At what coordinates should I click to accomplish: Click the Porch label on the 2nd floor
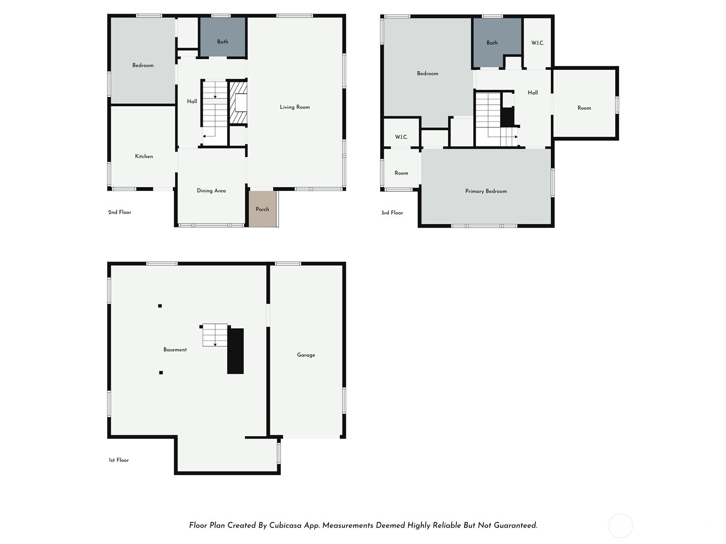point(262,209)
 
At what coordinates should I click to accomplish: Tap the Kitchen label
point(144,156)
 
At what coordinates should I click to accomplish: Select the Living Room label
point(294,107)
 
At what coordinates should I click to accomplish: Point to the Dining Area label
point(211,190)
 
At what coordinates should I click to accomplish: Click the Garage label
point(306,355)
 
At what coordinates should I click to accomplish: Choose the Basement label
point(175,350)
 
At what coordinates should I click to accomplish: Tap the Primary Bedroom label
point(486,191)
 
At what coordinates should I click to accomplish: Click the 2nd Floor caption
point(120,212)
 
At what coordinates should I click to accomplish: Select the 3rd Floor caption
point(392,213)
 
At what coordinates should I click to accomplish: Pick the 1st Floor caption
point(119,460)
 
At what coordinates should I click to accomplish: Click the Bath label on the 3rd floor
point(492,43)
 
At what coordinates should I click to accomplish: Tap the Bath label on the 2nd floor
point(223,42)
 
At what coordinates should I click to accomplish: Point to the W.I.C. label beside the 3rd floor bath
point(538,43)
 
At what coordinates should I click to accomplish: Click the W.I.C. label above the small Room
point(401,137)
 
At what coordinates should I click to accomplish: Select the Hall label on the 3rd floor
point(533,93)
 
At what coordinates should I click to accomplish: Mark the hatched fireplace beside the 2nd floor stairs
point(238,102)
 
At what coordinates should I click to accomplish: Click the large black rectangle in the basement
point(235,351)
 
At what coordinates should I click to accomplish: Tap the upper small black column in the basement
point(160,306)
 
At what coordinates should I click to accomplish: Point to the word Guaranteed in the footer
point(515,525)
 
